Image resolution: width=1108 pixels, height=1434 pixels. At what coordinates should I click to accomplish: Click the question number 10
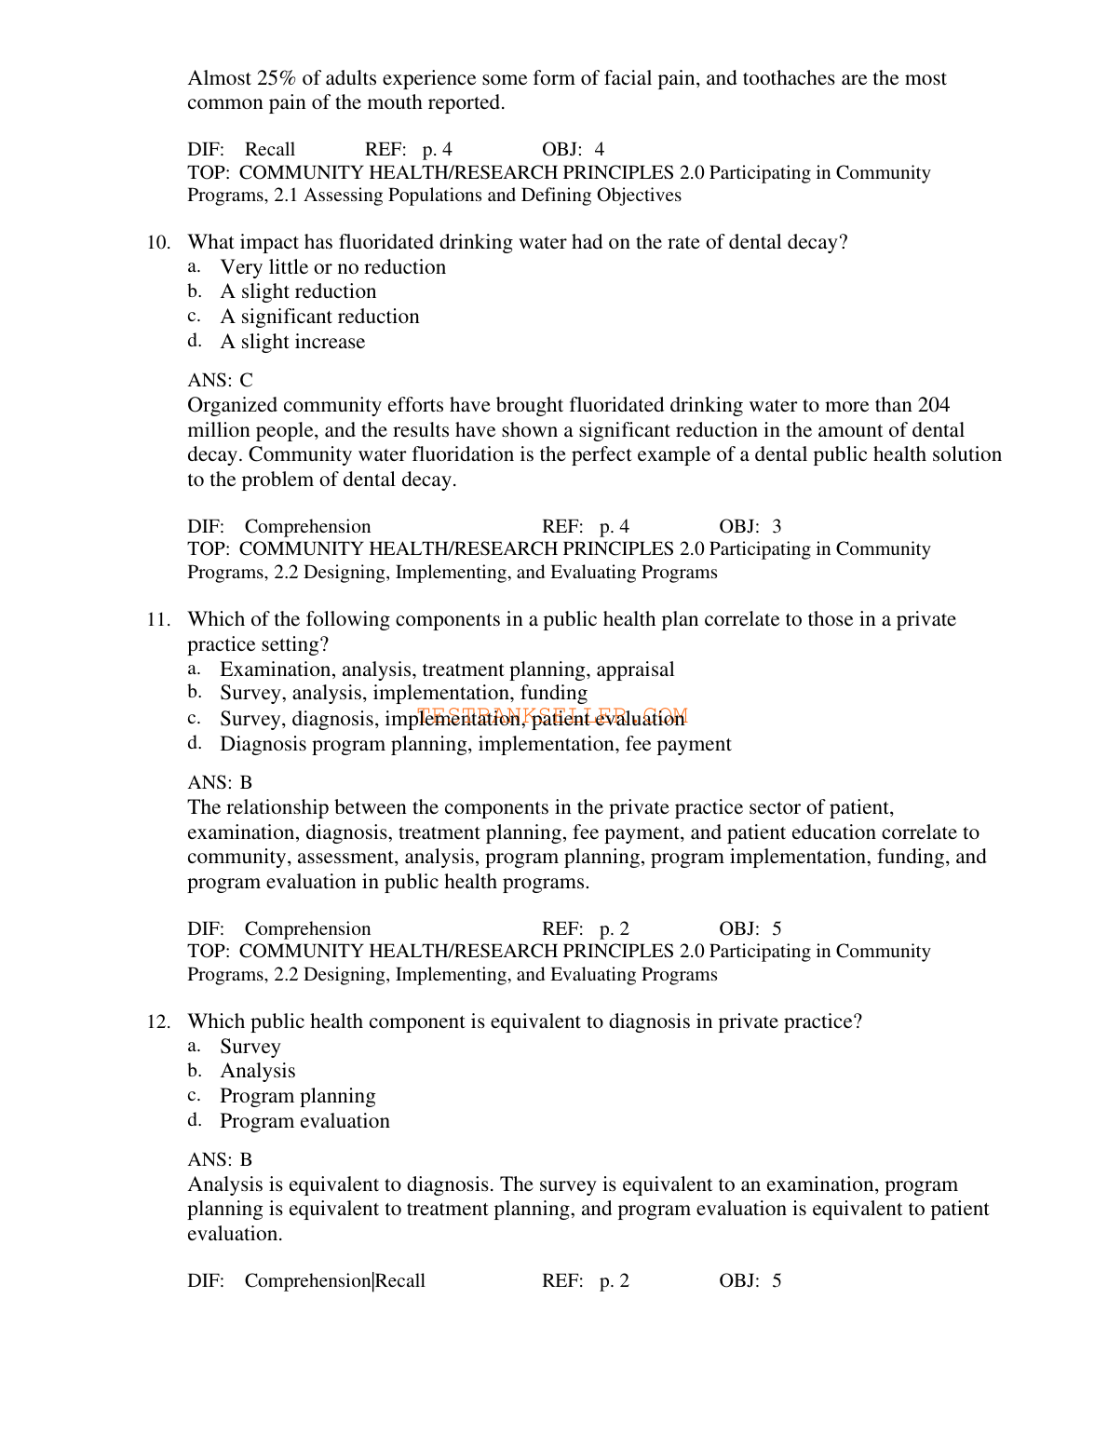(158, 243)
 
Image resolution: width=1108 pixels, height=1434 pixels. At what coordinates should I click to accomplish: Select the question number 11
(158, 620)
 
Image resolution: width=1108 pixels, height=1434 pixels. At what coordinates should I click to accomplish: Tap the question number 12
(158, 1022)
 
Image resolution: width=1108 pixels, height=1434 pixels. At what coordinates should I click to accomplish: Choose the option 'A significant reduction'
(319, 317)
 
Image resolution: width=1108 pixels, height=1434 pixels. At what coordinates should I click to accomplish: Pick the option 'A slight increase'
(292, 342)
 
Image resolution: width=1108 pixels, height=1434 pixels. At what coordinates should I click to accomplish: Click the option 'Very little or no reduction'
(332, 267)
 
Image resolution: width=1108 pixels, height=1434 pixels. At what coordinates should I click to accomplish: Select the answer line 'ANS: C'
(220, 380)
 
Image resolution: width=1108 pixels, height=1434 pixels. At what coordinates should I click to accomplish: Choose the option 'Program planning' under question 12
(297, 1096)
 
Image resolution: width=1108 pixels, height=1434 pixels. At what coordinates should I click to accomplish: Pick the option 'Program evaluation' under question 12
(304, 1121)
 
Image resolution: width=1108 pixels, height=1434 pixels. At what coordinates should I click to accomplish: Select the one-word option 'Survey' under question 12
(250, 1047)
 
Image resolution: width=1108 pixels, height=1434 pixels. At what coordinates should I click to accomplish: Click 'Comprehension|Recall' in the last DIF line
(334, 1281)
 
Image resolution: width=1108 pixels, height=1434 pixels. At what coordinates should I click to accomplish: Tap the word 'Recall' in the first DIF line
(269, 150)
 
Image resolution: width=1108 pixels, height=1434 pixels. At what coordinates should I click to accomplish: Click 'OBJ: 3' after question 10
(750, 527)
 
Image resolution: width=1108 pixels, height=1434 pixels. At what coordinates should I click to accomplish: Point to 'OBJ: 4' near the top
(573, 150)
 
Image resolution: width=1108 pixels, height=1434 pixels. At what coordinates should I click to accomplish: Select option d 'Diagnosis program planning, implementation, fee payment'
(475, 744)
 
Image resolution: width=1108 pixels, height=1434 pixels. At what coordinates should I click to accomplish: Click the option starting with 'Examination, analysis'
(447, 670)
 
